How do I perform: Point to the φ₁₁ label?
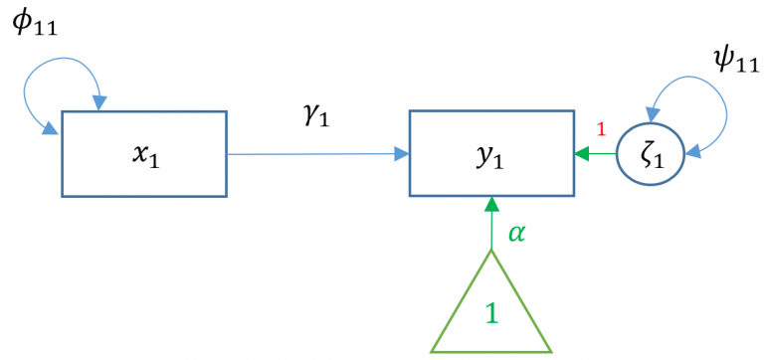(x=35, y=25)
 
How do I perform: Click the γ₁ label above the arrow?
(x=315, y=115)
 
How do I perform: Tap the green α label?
(x=515, y=233)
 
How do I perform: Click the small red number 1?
(x=600, y=129)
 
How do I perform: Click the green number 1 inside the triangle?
(x=490, y=316)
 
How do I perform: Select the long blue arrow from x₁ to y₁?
(x=308, y=154)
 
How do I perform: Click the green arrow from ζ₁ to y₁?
(x=596, y=155)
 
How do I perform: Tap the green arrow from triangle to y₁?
(x=490, y=229)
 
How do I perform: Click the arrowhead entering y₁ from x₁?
(x=402, y=154)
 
